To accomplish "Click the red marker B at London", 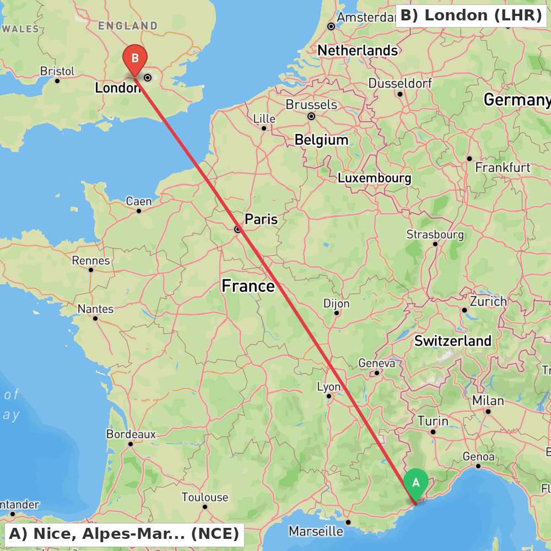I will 134,58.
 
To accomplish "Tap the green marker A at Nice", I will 416,483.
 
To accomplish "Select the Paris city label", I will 261,219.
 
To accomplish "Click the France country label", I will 248,286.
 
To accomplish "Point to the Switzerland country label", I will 452,341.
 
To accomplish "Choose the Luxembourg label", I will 374,179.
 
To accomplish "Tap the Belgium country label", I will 321,140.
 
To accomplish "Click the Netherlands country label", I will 357,51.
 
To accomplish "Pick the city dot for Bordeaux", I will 131,444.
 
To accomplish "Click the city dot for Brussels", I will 311,116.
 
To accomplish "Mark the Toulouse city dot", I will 204,507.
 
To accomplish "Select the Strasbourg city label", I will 435,235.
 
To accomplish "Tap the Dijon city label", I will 336,304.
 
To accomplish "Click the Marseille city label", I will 316,532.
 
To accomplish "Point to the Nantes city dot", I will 95,318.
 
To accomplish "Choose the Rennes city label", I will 91,261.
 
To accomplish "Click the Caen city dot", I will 139,210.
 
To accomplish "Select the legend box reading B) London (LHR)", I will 471,15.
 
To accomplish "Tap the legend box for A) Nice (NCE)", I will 124,534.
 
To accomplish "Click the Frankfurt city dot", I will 469,159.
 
